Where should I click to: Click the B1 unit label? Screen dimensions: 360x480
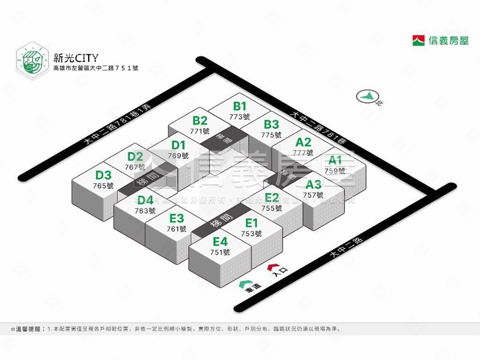[x=240, y=106]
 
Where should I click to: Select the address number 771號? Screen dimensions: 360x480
[x=200, y=131]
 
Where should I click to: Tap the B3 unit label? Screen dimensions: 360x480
[x=271, y=125]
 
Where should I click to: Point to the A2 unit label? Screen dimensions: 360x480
[x=303, y=142]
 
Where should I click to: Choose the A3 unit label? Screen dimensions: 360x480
[x=313, y=184]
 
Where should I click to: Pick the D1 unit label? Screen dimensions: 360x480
[x=179, y=145]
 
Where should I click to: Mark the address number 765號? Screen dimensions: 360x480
[x=104, y=186]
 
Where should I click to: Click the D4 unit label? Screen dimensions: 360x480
[x=145, y=201]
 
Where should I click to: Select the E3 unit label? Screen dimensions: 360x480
[x=177, y=218]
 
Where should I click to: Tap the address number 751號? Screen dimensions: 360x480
[x=220, y=252]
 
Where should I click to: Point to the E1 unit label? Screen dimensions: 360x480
[x=252, y=223]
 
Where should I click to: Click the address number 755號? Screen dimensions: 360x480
[x=272, y=208]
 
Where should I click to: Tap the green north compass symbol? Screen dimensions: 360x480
[x=366, y=97]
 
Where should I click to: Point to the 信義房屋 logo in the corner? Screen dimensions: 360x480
[x=440, y=40]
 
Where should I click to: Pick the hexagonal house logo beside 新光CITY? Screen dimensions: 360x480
[x=32, y=60]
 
